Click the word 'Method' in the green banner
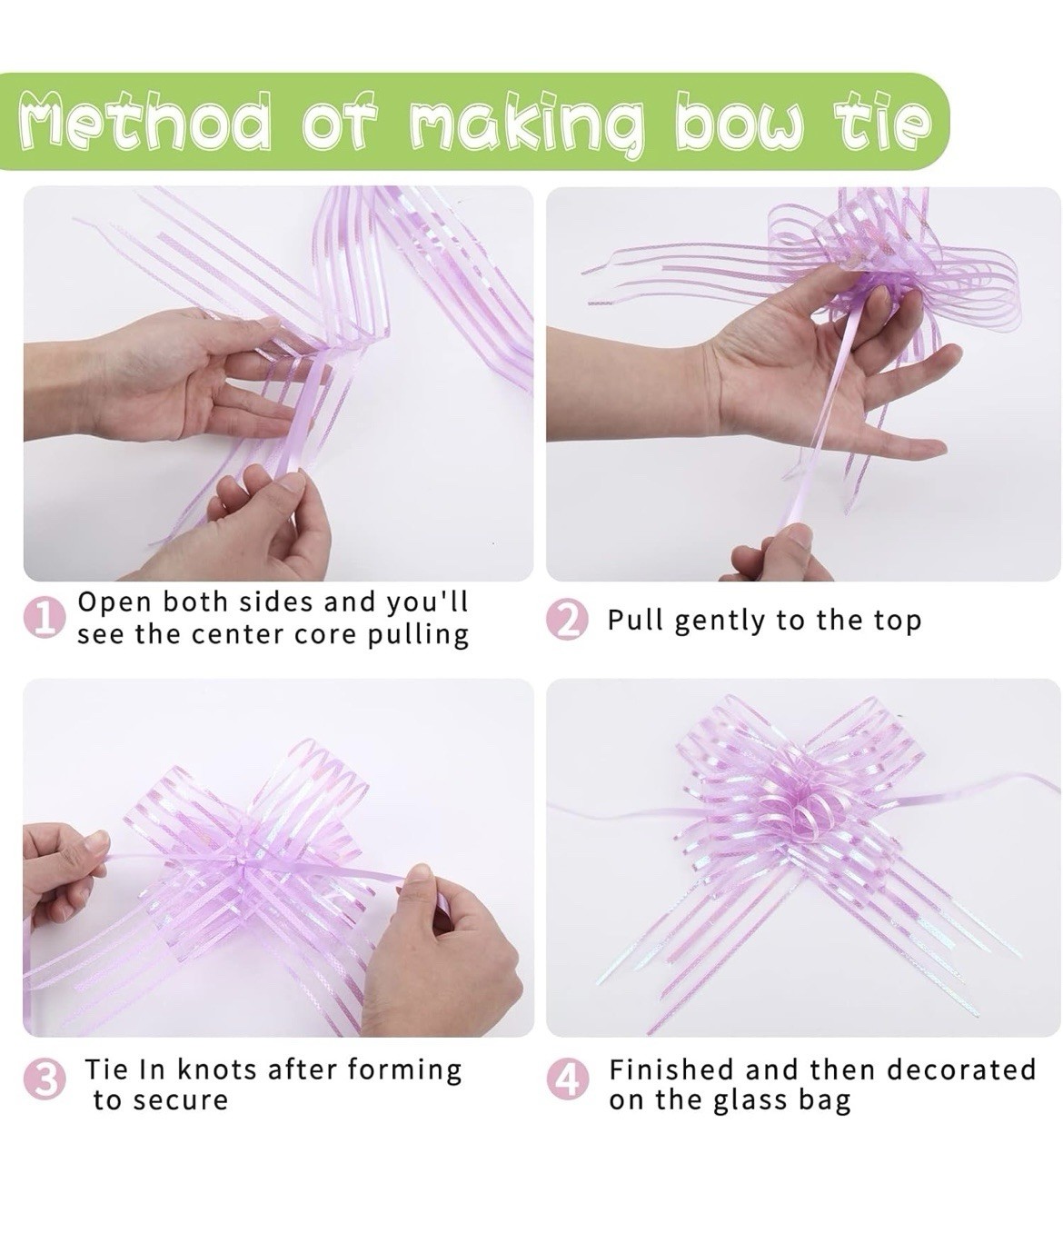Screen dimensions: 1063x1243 [x=143, y=120]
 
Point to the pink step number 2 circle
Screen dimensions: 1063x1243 [x=566, y=621]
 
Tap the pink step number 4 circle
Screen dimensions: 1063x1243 [x=566, y=1079]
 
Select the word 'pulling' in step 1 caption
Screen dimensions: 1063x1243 [x=418, y=636]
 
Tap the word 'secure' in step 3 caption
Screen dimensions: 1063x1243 [x=178, y=1101]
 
